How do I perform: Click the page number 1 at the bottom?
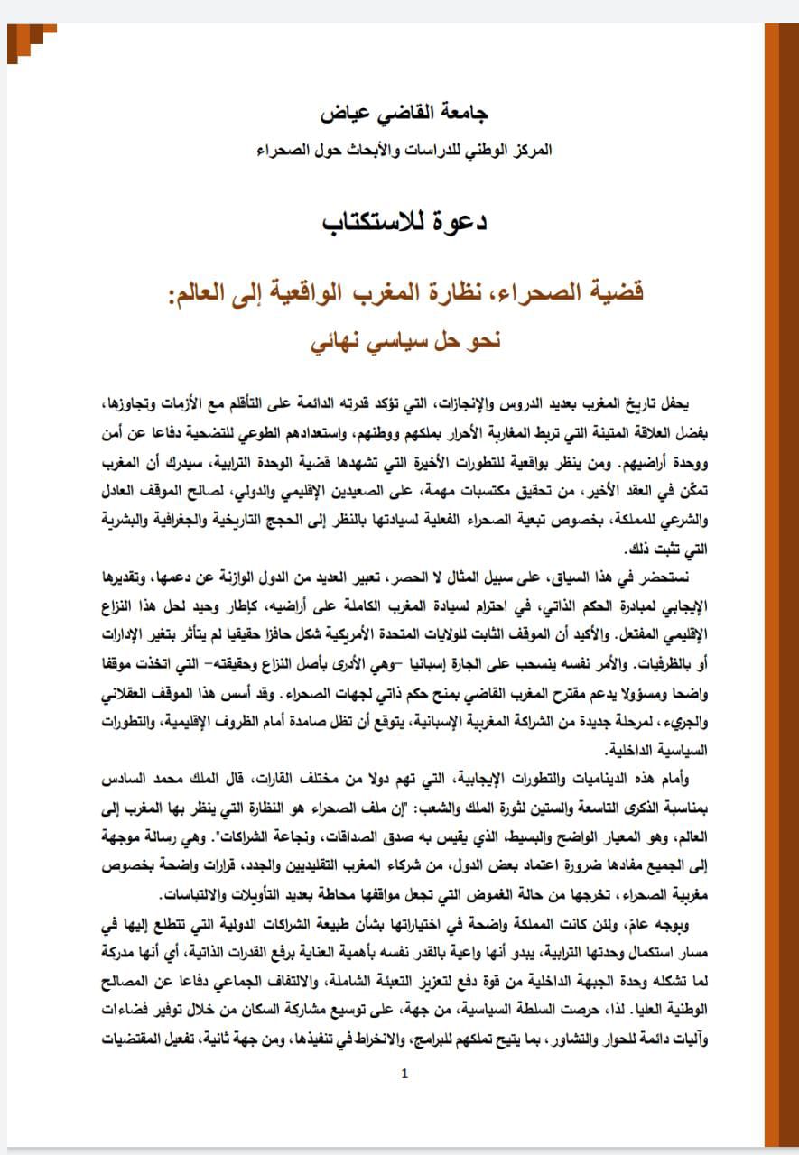pyautogui.click(x=404, y=1073)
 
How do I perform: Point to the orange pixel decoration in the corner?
pyautogui.click(x=30, y=38)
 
